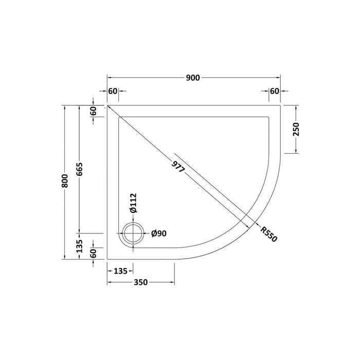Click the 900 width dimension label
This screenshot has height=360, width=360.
(193, 78)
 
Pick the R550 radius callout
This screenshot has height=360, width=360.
(268, 233)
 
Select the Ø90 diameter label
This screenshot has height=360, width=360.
(159, 234)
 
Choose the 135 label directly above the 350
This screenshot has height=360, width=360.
(120, 269)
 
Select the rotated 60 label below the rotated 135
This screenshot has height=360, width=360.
(94, 254)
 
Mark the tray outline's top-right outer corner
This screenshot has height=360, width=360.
(281, 105)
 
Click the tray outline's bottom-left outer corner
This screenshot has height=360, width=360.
(107, 259)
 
